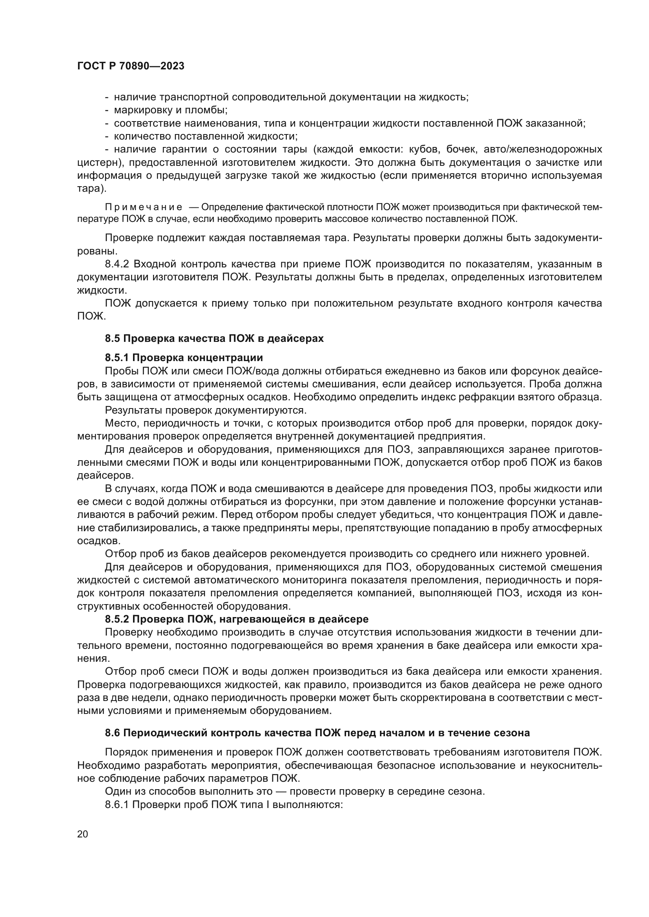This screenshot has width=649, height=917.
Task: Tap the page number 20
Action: coord(82,834)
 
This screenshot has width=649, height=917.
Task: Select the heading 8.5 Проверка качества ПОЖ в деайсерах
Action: coord(214,338)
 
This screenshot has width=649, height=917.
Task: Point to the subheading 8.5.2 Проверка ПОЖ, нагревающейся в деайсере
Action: coord(237,619)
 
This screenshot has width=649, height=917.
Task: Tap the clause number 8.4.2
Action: coord(117,264)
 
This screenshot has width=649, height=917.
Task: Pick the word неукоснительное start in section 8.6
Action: coord(568,765)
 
